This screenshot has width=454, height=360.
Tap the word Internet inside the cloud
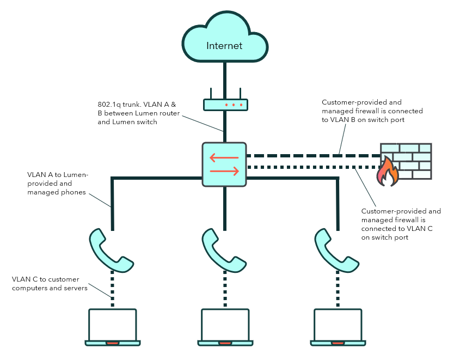click(x=224, y=46)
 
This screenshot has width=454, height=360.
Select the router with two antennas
click(x=225, y=104)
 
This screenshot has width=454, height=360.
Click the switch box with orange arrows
click(x=224, y=164)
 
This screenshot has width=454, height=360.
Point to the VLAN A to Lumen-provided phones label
click(x=58, y=184)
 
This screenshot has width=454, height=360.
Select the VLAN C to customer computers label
click(x=50, y=283)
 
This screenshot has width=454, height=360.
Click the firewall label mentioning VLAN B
click(x=372, y=111)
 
